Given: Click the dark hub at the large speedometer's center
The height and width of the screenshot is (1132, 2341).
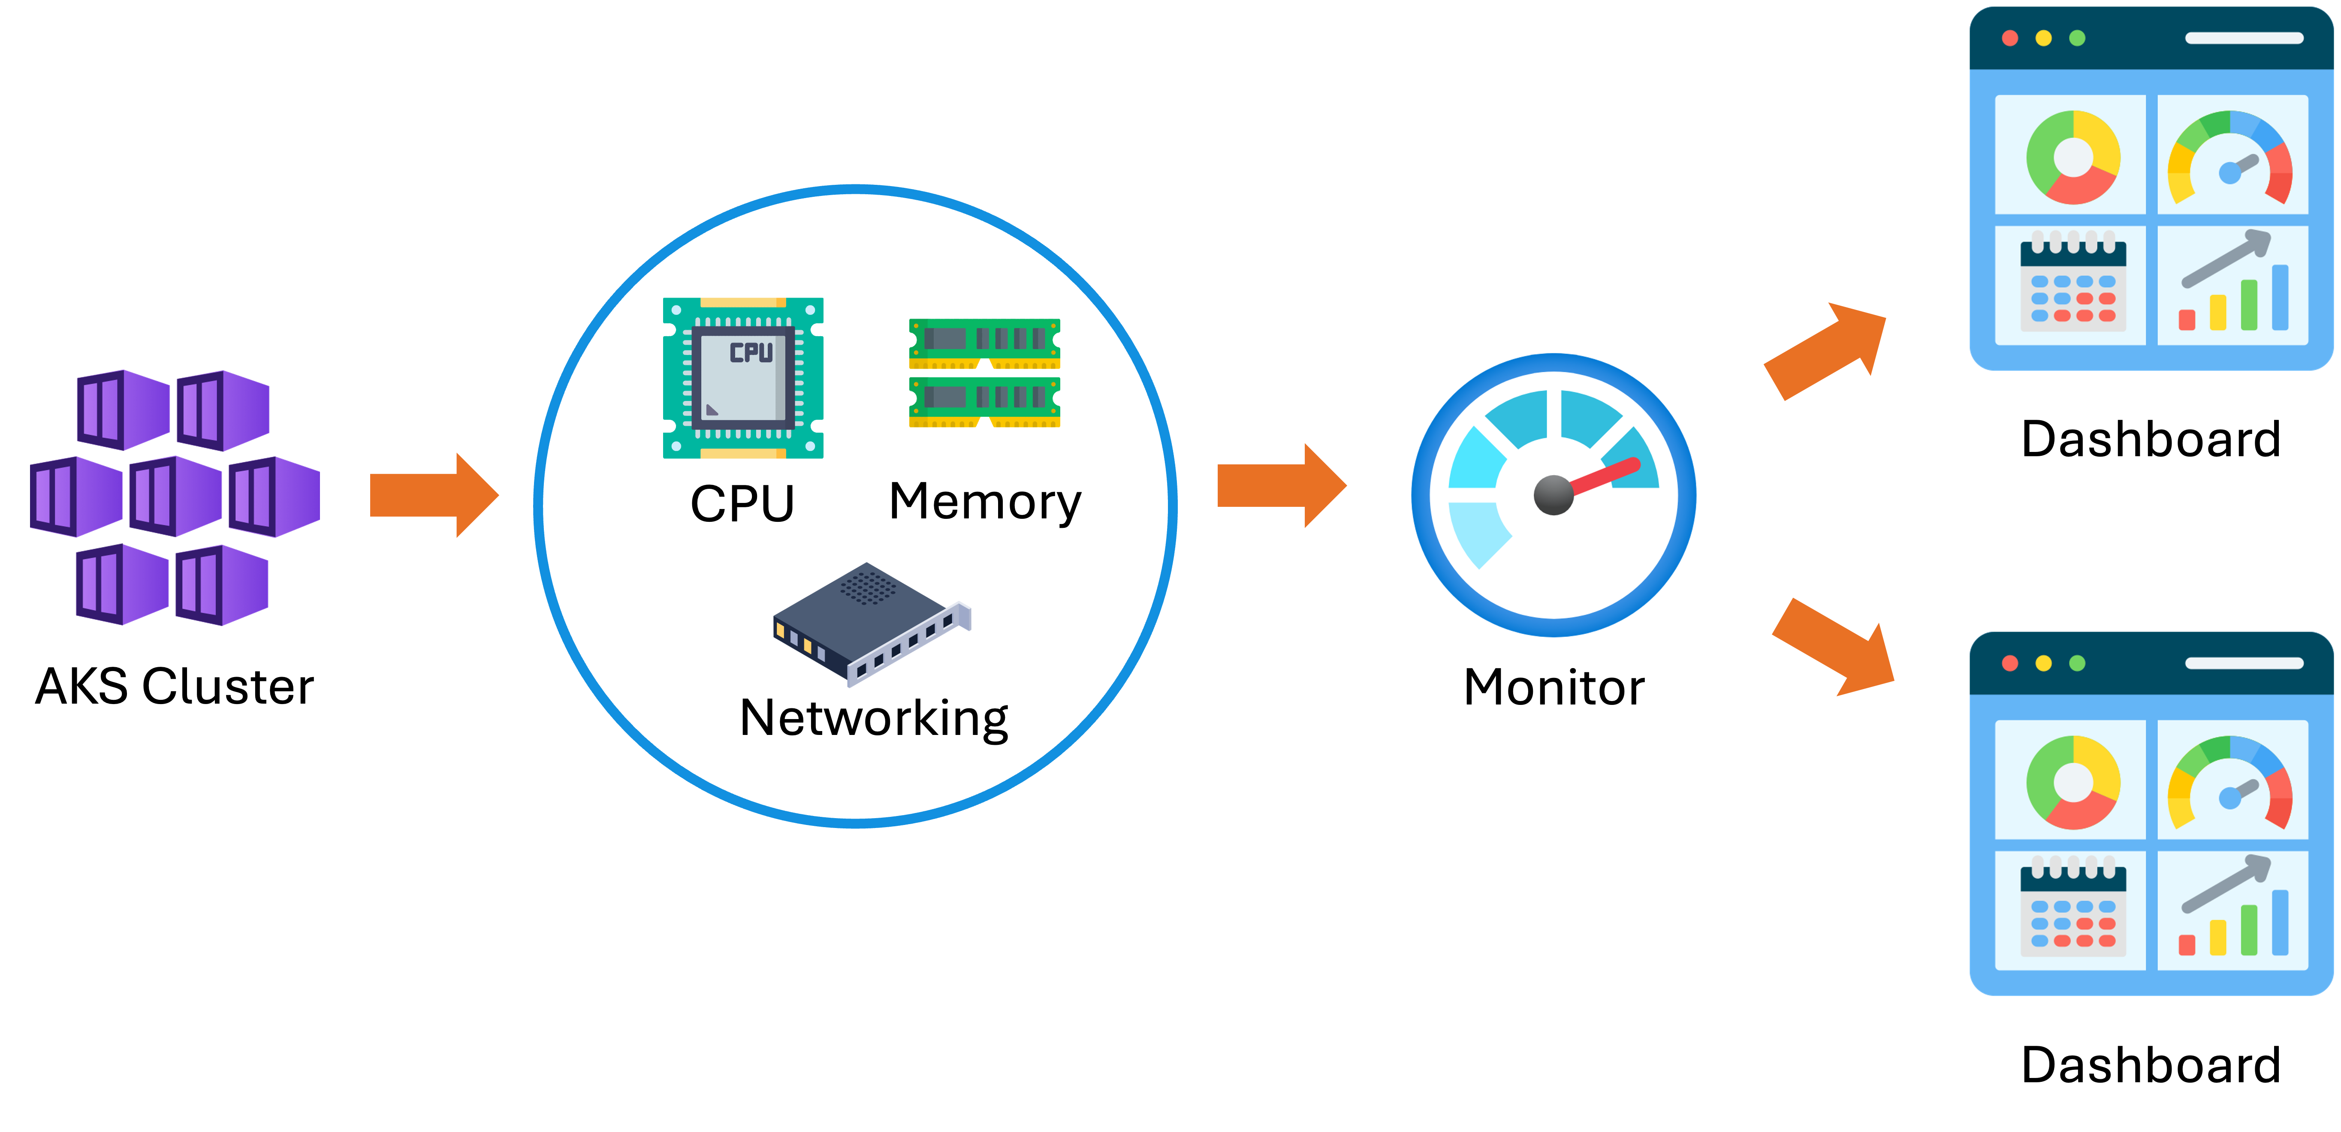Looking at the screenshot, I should pos(1553,495).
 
